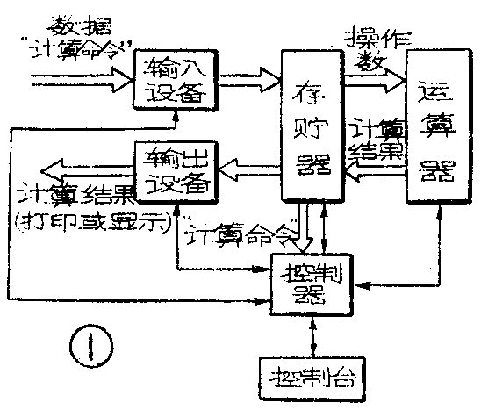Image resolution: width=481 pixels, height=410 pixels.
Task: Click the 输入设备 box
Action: (x=173, y=79)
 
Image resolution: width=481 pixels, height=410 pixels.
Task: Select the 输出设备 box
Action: (x=173, y=168)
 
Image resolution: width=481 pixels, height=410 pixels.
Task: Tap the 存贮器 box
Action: (x=310, y=126)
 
